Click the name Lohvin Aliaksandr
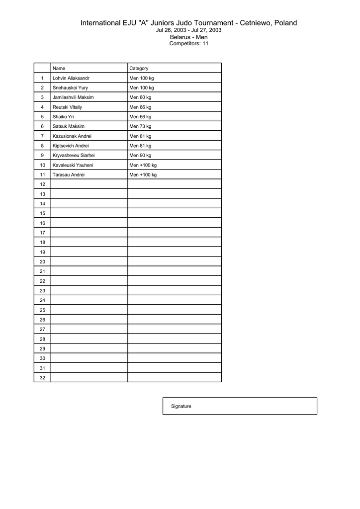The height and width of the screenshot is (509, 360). [71, 78]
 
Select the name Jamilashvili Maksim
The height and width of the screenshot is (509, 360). [73, 97]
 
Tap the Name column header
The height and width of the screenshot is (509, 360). [59, 68]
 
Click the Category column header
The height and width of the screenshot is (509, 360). [139, 68]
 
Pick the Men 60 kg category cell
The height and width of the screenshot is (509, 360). [140, 97]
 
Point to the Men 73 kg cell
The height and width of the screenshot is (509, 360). [140, 126]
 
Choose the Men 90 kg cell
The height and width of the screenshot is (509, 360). [140, 155]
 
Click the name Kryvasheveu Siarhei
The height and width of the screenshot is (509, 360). [74, 155]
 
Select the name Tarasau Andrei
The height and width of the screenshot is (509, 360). [69, 174]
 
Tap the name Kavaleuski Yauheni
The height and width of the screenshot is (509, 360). [73, 165]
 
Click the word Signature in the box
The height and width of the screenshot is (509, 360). [181, 406]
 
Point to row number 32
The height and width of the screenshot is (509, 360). [42, 377]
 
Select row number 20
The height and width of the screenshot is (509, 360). [42, 261]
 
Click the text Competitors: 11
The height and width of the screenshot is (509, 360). [189, 44]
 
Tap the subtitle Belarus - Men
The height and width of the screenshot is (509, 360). [189, 37]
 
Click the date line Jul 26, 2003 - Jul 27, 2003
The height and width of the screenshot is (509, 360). [189, 30]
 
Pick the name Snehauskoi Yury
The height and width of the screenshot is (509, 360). [70, 87]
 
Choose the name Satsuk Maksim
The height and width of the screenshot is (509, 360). [69, 126]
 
